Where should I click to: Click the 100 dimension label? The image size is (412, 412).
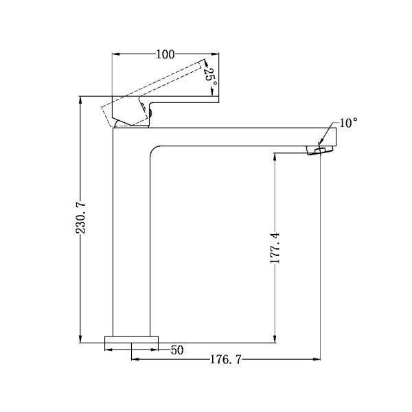pyautogui.click(x=165, y=54)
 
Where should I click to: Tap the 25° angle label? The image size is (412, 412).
pyautogui.click(x=211, y=77)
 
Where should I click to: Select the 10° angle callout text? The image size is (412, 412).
pyautogui.click(x=348, y=123)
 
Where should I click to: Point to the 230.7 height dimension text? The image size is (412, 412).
pyautogui.click(x=80, y=217)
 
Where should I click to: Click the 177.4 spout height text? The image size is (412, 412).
pyautogui.click(x=275, y=248)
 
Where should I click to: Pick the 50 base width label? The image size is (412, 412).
pyautogui.click(x=177, y=350)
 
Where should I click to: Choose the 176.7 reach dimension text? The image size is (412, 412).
pyautogui.click(x=225, y=359)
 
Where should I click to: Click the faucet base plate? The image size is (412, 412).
pyautogui.click(x=132, y=339)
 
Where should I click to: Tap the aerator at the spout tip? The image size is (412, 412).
pyautogui.click(x=319, y=150)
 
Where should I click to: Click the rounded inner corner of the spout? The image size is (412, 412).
pyautogui.click(x=152, y=149)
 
